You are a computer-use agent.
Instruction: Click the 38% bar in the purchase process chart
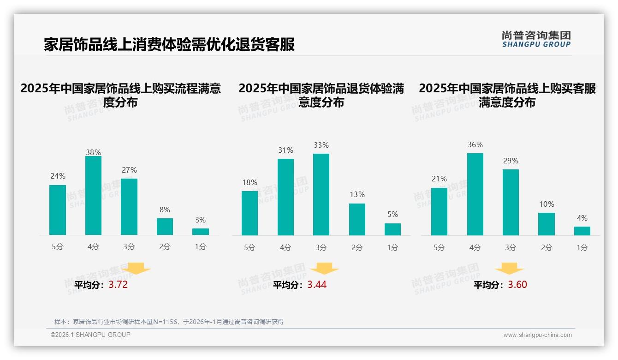pyautogui.click(x=93, y=196)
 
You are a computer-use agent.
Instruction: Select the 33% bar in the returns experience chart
pyautogui.click(x=321, y=194)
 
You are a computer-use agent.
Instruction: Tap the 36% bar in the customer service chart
pyautogui.click(x=475, y=194)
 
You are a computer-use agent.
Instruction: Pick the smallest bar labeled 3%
pyautogui.click(x=201, y=232)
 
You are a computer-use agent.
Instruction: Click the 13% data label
pyautogui.click(x=357, y=195)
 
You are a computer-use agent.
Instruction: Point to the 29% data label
pyautogui.click(x=511, y=161)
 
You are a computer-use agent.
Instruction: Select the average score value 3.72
pyautogui.click(x=118, y=285)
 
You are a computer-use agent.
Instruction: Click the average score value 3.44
pyautogui.click(x=317, y=285)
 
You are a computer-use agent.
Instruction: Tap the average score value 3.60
pyautogui.click(x=517, y=285)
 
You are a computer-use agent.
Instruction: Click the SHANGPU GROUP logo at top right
pyautogui.click(x=536, y=39)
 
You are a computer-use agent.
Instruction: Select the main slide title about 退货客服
pyautogui.click(x=169, y=45)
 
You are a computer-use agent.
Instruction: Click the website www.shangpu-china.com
pyautogui.click(x=537, y=335)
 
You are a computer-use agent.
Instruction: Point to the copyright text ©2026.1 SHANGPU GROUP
pyautogui.click(x=90, y=335)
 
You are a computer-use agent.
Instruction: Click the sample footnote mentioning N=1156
pyautogui.click(x=169, y=322)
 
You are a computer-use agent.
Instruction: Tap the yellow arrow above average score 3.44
pyautogui.click(x=324, y=269)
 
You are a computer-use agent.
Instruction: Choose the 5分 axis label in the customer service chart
pyautogui.click(x=439, y=247)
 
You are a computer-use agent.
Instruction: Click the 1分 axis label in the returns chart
pyautogui.click(x=392, y=247)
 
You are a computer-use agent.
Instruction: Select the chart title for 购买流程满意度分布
pyautogui.click(x=120, y=95)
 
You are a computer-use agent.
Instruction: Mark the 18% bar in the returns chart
pyautogui.click(x=250, y=213)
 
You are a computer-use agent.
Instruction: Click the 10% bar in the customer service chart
pyautogui.click(x=547, y=224)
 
